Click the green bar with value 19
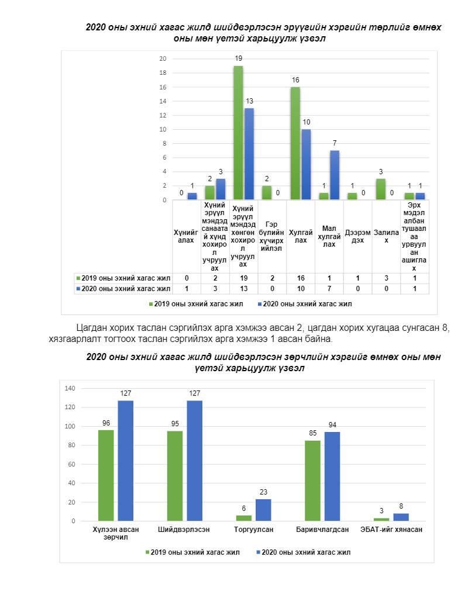238,133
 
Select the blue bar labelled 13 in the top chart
249,154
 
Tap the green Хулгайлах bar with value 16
295,144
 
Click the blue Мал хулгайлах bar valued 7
335,175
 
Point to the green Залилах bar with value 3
381,189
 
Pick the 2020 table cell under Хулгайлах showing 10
301,289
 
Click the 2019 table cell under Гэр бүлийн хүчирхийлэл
272,278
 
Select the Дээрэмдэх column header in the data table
358,237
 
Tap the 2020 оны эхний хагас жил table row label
123,289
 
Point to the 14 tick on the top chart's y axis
163,101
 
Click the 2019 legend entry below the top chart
196,304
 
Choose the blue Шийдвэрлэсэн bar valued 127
195,461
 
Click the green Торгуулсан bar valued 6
244,518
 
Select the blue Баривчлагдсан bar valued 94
332,476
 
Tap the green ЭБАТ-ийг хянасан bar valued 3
381,519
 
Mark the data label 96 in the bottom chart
106,423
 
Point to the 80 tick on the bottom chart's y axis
71,445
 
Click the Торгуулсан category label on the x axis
254,530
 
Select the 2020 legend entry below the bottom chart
304,552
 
